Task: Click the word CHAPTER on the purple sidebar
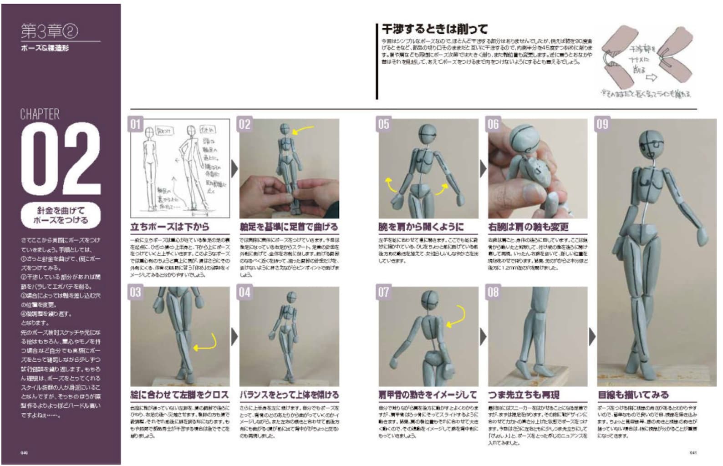coord(40,114)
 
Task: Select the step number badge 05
coord(384,124)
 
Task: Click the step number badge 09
coord(602,124)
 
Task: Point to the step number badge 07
coord(384,292)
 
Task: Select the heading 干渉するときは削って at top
coord(434,30)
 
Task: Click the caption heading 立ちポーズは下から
coord(170,227)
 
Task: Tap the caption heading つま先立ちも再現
coord(524,395)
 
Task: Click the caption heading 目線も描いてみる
coord(633,395)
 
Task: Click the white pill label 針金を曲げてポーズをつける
coord(61,215)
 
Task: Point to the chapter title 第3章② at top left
coord(49,31)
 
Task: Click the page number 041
coord(693,453)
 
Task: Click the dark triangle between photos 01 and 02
coord(234,169)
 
